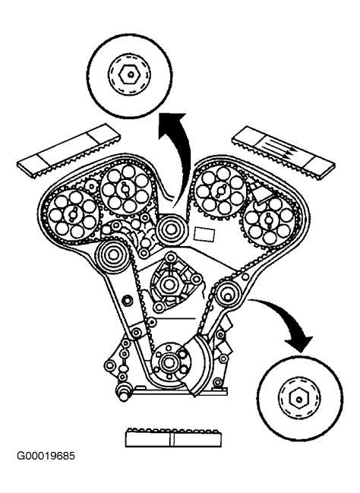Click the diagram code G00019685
46,456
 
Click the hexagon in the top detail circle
129,75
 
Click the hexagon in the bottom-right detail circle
298,399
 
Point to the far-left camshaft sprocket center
71,214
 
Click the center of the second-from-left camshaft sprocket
123,189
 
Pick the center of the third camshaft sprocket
218,189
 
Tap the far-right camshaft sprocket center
269,219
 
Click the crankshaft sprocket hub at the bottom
169,362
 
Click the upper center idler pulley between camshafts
171,230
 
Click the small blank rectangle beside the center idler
204,234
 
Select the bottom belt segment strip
173,438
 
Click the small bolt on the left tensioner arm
127,300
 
